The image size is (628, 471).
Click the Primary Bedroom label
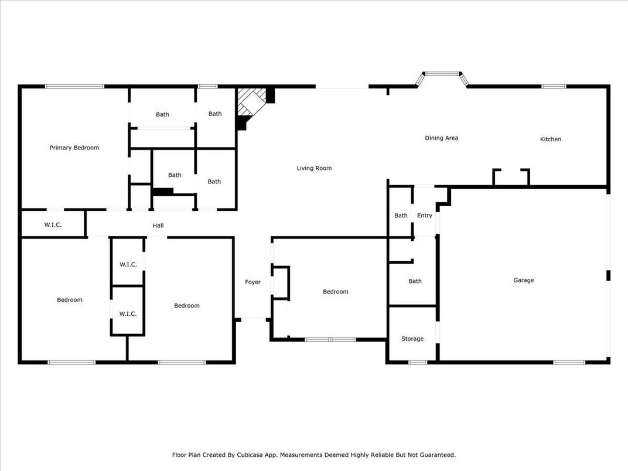point(74,148)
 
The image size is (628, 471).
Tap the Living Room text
point(314,168)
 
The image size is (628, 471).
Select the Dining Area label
point(441,138)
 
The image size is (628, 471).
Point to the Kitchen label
point(550,139)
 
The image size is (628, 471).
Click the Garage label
point(523,280)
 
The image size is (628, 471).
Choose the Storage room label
point(412,339)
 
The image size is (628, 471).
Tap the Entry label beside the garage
point(424,216)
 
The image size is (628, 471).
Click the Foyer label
point(252,282)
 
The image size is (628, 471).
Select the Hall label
point(158,226)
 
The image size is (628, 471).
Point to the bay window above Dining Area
point(442,74)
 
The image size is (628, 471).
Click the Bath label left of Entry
point(401,216)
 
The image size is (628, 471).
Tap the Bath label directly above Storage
point(415,281)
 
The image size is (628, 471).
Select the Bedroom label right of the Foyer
point(336,292)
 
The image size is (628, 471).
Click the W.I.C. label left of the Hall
point(53,225)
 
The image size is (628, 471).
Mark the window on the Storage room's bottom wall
point(417,362)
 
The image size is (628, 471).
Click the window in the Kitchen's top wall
point(553,87)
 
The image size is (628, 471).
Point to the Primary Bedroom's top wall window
point(74,87)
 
